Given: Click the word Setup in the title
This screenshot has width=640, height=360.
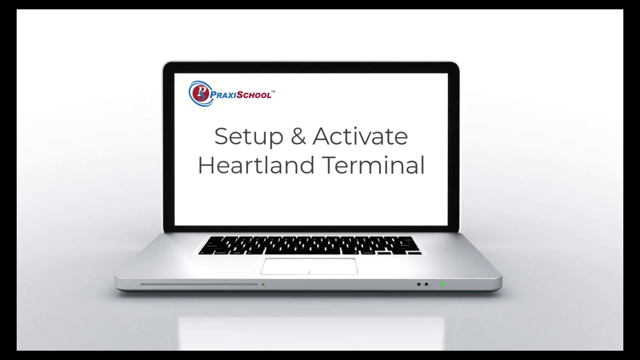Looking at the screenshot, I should pos(248,136).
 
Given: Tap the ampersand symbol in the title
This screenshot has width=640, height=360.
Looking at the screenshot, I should pos(298,136).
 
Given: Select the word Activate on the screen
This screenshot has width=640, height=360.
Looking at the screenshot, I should pos(360,136).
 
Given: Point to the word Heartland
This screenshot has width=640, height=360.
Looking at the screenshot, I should pos(256,165).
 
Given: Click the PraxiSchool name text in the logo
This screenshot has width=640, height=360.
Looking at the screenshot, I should pos(241,95).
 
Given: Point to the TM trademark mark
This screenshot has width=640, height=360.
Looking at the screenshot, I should pos(273,91).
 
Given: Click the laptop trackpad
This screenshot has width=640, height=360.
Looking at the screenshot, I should pos(309,266).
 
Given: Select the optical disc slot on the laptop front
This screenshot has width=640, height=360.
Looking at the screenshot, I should pos(199,284).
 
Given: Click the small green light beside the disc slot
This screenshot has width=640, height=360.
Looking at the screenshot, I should pos(263,284).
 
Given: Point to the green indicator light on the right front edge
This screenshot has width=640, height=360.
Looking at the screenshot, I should pos(442,284).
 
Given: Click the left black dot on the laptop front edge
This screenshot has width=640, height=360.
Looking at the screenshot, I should pos(419,284).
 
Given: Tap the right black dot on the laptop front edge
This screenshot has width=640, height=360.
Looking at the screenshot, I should pos(426,284).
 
